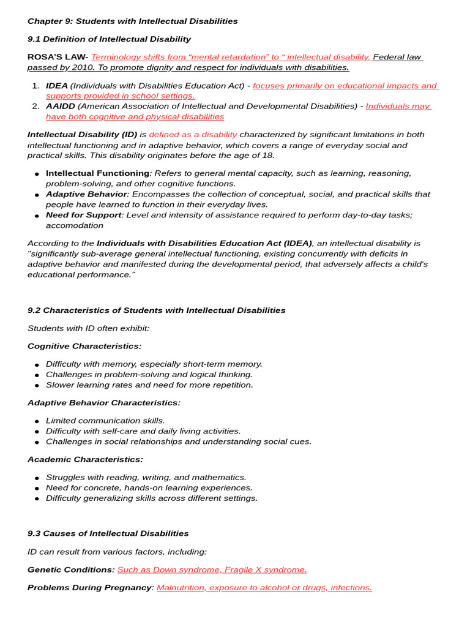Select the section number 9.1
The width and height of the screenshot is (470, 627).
34,39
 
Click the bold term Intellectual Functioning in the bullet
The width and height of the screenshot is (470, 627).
97,173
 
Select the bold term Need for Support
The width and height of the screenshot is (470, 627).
84,215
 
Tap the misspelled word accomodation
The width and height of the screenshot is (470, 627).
74,225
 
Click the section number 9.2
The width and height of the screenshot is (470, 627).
34,310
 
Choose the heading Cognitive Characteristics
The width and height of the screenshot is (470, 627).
84,346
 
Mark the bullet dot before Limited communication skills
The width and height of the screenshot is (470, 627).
37,421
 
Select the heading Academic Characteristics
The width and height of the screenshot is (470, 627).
85,459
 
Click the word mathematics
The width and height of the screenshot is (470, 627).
218,477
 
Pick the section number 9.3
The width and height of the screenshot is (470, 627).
34,533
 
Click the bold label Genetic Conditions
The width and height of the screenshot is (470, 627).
70,569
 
